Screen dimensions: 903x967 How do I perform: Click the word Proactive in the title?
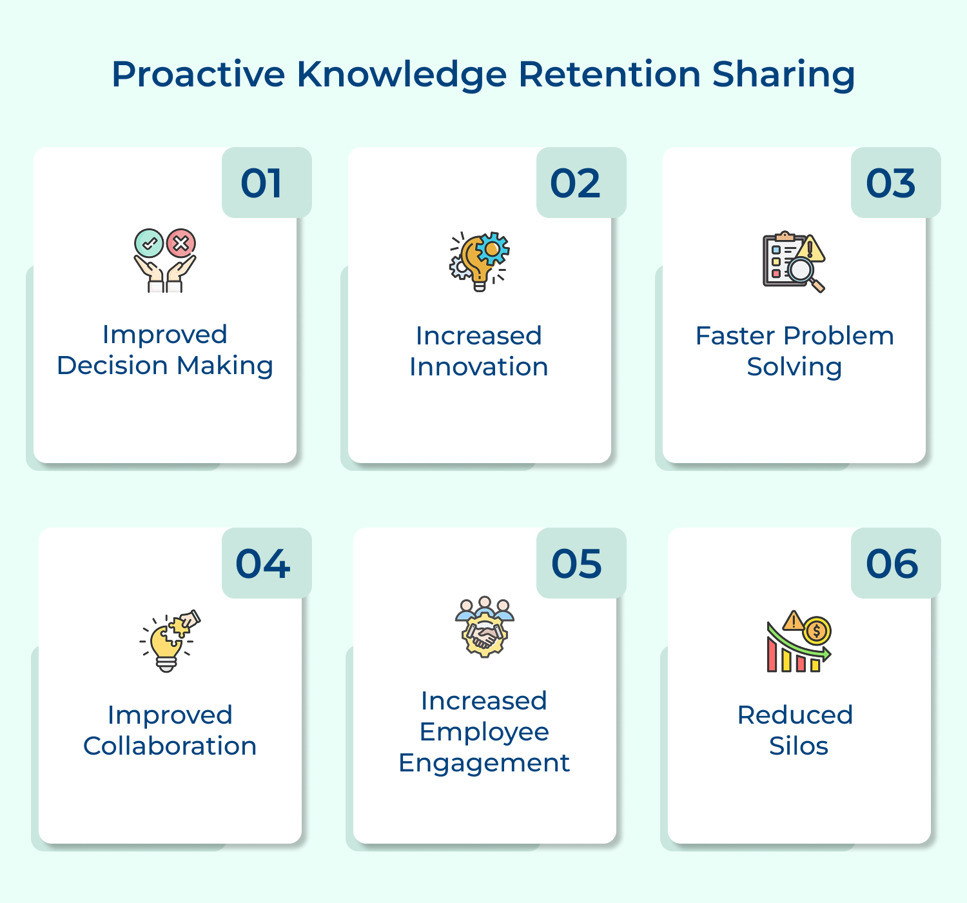click(198, 74)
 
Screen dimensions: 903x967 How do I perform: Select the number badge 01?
click(262, 183)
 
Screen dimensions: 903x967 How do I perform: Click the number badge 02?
click(576, 183)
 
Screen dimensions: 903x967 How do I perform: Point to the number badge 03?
click(891, 183)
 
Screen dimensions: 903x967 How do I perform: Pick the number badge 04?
click(263, 564)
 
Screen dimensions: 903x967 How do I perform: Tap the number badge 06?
click(892, 564)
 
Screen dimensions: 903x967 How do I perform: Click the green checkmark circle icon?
click(149, 244)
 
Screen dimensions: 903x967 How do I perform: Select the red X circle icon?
click(181, 244)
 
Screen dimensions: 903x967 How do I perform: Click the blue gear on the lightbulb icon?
click(493, 248)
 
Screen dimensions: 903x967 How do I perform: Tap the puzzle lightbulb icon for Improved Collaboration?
click(169, 641)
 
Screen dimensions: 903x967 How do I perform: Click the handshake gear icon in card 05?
click(485, 635)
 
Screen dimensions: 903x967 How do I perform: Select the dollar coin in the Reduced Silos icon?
click(817, 630)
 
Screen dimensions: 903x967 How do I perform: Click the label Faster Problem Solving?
click(794, 351)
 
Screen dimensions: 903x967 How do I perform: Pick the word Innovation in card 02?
click(479, 367)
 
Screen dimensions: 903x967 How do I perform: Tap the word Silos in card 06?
click(798, 746)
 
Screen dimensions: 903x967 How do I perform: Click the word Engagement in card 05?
click(484, 763)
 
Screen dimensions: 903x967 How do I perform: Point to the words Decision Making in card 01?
click(165, 366)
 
